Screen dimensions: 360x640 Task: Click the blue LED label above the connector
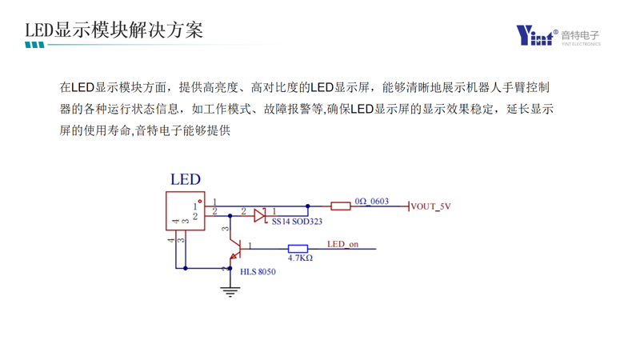(185, 180)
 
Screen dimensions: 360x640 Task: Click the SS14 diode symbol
(259, 214)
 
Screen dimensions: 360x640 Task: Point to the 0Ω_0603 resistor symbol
(341, 206)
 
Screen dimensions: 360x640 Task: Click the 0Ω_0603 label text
(371, 201)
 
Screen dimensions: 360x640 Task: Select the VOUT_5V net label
(431, 206)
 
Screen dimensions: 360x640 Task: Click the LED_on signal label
(343, 243)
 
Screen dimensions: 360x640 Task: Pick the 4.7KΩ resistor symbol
(298, 249)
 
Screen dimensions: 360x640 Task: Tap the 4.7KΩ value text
(299, 258)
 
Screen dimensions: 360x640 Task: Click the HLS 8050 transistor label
(258, 272)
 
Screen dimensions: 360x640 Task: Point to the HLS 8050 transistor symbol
(234, 248)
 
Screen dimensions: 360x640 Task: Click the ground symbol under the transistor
(230, 291)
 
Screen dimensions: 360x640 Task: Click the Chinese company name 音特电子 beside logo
(580, 34)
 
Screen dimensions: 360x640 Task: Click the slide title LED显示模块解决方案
(114, 30)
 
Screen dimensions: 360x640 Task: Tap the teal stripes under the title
(34, 46)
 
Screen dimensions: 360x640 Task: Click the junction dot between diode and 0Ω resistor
(308, 206)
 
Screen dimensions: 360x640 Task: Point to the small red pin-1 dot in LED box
(199, 201)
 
